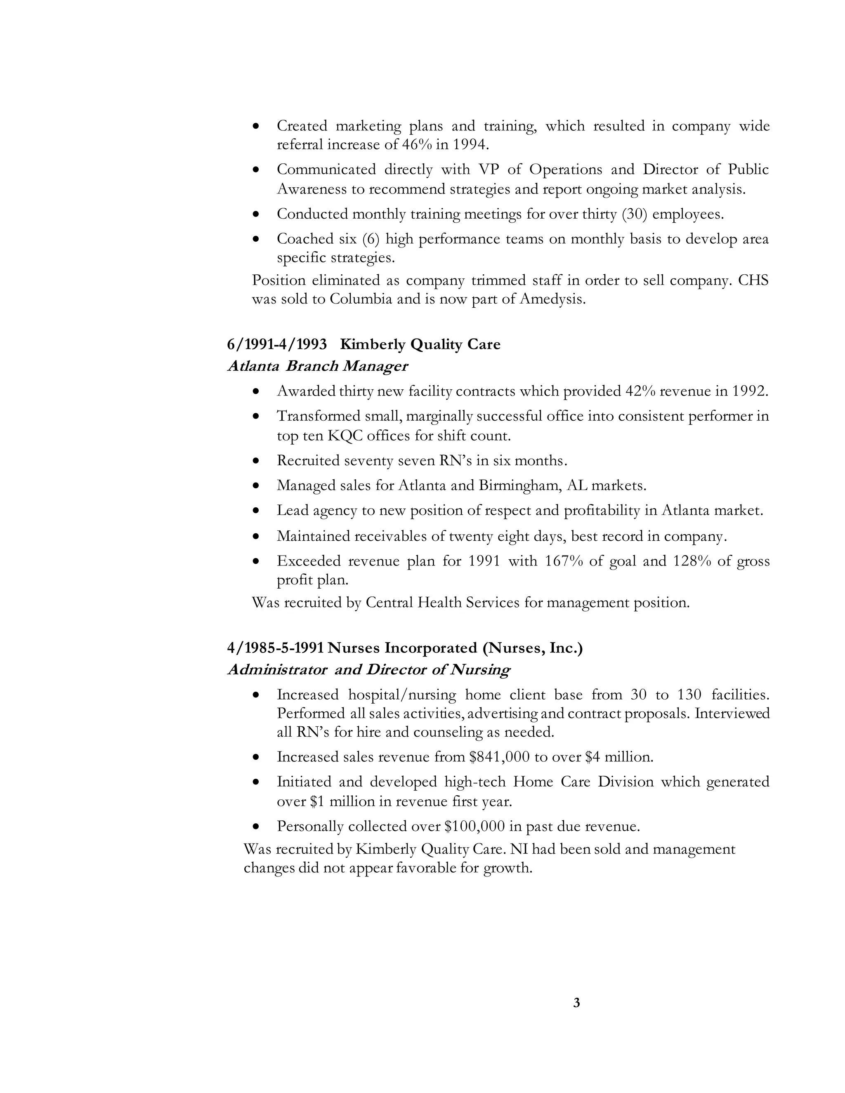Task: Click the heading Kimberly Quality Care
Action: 420,344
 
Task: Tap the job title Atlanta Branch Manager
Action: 318,366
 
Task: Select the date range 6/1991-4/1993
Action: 277,344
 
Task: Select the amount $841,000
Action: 499,757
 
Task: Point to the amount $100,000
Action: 474,826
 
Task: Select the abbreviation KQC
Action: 345,436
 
